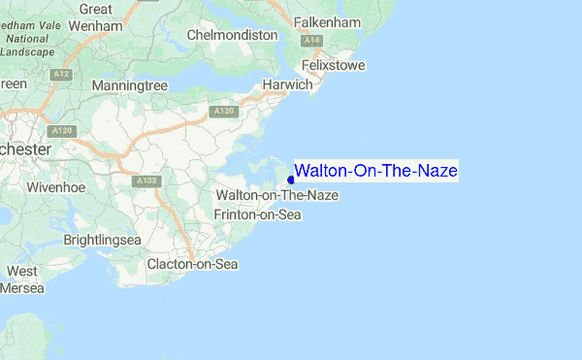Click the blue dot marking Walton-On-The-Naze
pos(291,180)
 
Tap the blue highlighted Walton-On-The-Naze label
pos(375,172)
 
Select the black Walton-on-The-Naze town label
pos(277,196)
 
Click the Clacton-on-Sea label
pos(192,264)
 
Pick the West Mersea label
pos(23,279)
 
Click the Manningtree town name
pos(130,86)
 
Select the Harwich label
pos(288,84)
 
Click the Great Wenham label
pos(95,17)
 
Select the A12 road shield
pos(62,74)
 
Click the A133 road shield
pos(147,180)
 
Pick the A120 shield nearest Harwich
pos(224,112)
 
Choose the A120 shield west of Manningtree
pos(63,130)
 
